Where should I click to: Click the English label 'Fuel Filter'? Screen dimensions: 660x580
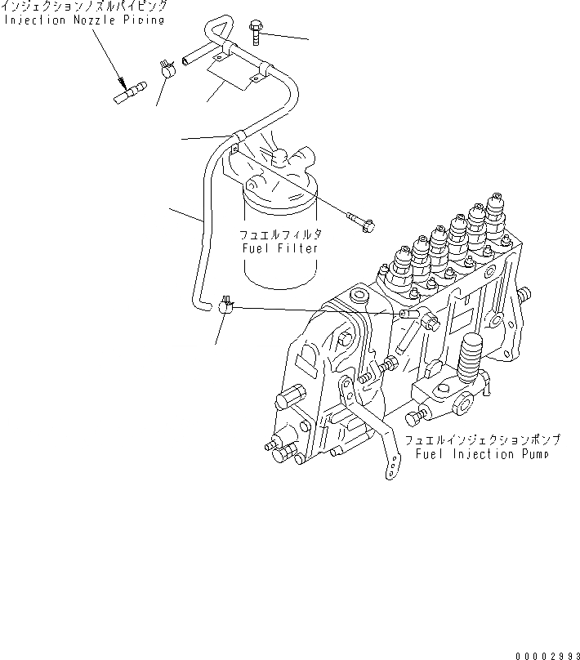(x=279, y=247)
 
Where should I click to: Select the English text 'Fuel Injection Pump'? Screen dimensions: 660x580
(x=480, y=453)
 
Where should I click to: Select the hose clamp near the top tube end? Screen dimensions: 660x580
(x=168, y=69)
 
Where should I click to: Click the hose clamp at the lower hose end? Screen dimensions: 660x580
(x=228, y=307)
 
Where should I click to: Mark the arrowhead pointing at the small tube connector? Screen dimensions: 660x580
(x=123, y=83)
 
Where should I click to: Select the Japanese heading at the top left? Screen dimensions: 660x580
(x=84, y=6)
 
